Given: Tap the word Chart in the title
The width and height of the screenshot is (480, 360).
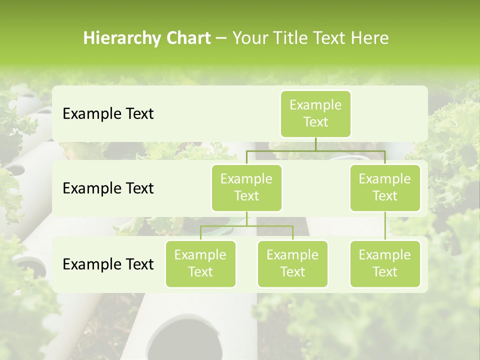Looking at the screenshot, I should [188, 38].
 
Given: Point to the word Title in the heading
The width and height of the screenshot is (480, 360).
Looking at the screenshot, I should [294, 38].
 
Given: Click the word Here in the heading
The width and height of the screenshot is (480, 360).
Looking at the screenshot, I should [369, 38].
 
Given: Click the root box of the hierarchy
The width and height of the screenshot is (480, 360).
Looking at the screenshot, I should [315, 113].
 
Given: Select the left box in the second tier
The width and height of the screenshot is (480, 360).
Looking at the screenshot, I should [246, 187].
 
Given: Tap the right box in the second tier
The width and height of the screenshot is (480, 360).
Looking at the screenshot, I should [385, 187].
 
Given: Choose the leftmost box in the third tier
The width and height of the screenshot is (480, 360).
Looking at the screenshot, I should [200, 263].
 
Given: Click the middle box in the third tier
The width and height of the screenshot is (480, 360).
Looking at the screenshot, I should [292, 263].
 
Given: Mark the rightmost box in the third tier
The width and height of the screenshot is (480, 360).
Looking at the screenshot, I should [385, 263].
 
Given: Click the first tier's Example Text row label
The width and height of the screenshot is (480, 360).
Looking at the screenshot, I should [108, 114].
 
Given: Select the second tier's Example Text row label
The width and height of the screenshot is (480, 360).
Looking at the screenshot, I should [108, 188].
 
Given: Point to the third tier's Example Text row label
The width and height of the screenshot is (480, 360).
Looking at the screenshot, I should [108, 264].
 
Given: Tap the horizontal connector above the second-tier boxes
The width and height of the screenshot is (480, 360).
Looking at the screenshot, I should [315, 150].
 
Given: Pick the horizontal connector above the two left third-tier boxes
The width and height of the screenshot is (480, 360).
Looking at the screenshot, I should [246, 226].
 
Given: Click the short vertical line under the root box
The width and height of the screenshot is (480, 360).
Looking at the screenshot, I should [315, 144].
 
